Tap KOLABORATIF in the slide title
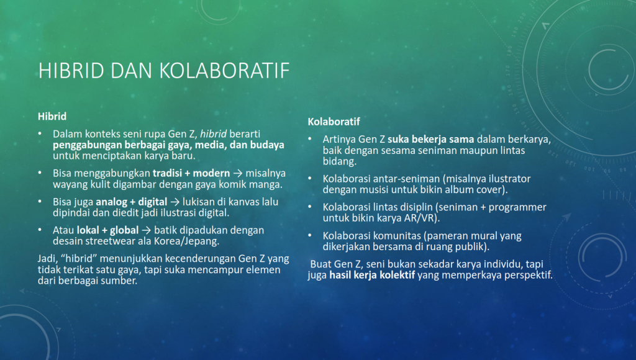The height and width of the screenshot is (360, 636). (225, 71)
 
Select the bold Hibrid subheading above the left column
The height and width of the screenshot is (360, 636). (52, 117)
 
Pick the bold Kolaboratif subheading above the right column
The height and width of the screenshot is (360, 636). (334, 122)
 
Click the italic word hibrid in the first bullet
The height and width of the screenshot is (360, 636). (214, 134)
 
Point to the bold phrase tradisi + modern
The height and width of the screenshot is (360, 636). (191, 174)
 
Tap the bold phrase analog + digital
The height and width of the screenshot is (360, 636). (132, 202)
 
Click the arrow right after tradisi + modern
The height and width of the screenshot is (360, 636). (238, 174)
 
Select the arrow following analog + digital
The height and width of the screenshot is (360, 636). (175, 202)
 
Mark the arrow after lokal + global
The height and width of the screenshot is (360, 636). (147, 230)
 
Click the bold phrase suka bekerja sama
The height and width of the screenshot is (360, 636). (431, 140)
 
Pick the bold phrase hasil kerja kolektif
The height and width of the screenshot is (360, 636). (372, 275)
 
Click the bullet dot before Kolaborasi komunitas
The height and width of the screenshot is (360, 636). (310, 235)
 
